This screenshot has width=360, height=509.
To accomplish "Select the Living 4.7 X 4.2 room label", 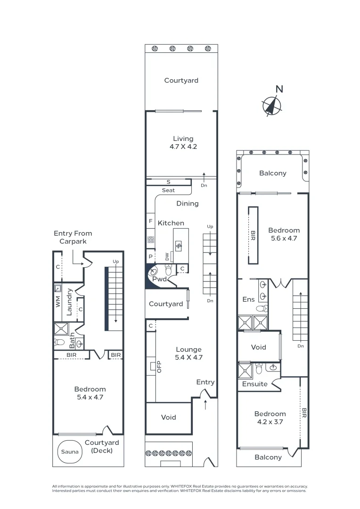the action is [x=183, y=142].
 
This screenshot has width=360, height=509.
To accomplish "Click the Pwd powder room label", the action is [x=159, y=279].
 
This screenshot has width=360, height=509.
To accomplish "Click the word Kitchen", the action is [x=171, y=223].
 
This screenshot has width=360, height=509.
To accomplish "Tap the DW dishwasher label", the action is [x=167, y=256].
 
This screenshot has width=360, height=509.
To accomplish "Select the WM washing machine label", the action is [x=58, y=302].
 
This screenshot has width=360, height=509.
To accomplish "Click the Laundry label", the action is [x=69, y=302].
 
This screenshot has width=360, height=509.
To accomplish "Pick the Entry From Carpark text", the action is [x=73, y=237].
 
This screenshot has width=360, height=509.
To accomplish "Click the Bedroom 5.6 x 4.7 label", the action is [x=284, y=234].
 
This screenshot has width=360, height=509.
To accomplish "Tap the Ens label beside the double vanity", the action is [x=248, y=299].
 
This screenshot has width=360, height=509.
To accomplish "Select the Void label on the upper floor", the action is [x=258, y=347].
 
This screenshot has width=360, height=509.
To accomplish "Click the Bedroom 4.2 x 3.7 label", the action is [x=270, y=418].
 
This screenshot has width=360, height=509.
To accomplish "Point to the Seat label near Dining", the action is [x=168, y=190].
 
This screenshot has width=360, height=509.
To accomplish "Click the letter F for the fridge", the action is [x=151, y=221].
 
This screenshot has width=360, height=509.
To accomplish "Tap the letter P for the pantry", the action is [x=150, y=257].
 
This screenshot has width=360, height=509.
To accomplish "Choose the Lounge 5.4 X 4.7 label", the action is [x=188, y=353].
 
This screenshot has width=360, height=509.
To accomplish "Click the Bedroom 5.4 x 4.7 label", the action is [x=90, y=393].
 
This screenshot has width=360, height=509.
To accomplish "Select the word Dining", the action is [x=188, y=204].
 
